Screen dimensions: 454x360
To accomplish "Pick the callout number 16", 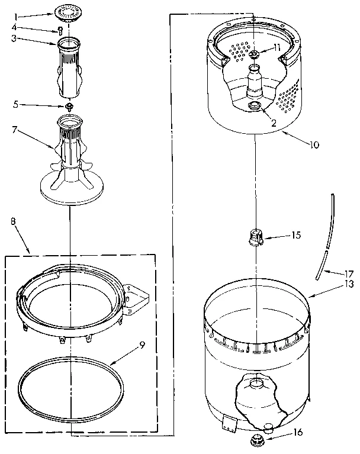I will [x=298, y=432].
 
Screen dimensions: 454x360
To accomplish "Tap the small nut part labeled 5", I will [x=69, y=107].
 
